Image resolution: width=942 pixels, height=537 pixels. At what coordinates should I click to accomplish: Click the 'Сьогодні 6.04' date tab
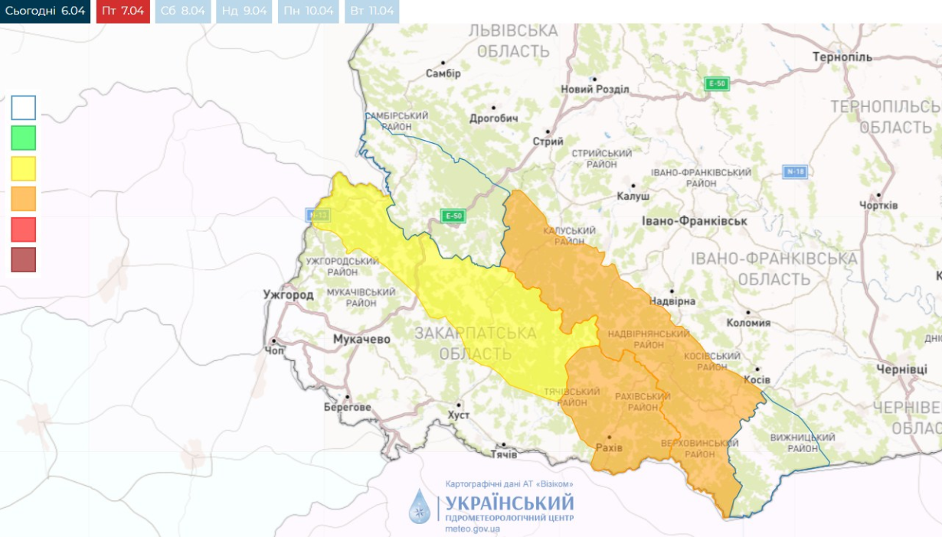point(45,11)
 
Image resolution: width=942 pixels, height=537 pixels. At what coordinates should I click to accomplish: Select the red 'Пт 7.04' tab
point(123,11)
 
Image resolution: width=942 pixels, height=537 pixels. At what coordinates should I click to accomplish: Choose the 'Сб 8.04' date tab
point(182,11)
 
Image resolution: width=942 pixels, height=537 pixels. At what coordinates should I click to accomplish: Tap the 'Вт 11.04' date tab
point(371,11)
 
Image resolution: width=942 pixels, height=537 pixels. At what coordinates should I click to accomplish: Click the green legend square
point(24,138)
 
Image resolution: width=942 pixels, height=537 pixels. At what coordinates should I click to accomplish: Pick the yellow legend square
point(24,168)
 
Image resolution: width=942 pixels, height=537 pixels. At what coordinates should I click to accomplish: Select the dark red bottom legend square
point(24,260)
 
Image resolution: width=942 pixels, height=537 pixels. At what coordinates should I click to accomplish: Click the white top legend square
point(24,108)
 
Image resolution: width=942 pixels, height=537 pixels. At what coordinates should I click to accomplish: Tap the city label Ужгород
point(288,295)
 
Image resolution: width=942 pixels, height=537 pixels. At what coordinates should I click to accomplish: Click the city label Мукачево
point(361,339)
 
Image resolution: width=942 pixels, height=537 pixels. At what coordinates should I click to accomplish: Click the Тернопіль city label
point(842,58)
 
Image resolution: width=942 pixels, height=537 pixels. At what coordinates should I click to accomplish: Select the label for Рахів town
point(610,447)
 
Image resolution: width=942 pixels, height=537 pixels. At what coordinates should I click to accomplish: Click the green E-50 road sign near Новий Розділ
point(717,84)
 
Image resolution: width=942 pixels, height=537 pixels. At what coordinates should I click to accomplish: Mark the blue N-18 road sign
point(795,172)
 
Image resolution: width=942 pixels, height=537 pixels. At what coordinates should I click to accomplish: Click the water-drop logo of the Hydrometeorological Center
point(420,506)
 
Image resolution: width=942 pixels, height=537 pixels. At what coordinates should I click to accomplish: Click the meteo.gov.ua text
point(473,529)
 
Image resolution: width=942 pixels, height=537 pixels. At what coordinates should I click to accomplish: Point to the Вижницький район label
point(803,443)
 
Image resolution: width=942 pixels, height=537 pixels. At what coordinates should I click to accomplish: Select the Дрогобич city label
point(493,119)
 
